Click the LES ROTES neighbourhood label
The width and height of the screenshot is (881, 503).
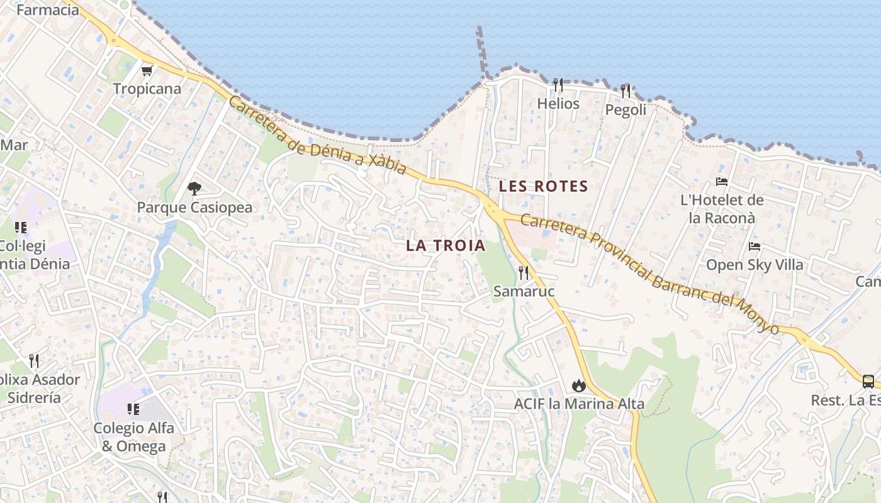coord(543,187)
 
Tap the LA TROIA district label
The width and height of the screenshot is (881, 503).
coord(446,246)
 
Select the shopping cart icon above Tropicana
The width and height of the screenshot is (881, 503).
coord(147,71)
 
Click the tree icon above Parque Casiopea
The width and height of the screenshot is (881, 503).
coord(194,188)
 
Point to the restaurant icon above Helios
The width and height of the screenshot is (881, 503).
coord(558,84)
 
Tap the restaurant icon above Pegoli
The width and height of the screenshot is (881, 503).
coord(626,91)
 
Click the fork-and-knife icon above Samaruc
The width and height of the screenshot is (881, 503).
coord(524,272)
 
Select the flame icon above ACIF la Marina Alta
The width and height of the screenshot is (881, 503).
coord(578,385)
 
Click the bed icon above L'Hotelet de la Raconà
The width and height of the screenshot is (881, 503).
coord(722,182)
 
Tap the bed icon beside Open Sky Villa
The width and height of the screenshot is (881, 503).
coord(755,246)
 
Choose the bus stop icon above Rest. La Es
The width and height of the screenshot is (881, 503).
coord(868,381)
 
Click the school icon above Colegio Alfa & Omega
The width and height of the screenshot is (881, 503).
coord(133,409)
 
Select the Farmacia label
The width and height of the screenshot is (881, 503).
coord(47,10)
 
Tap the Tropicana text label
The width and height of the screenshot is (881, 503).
coord(147,89)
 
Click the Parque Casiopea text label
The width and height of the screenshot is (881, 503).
coord(194,207)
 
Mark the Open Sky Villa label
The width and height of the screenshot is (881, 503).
coord(755,265)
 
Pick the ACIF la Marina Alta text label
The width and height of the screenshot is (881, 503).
coord(579,404)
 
